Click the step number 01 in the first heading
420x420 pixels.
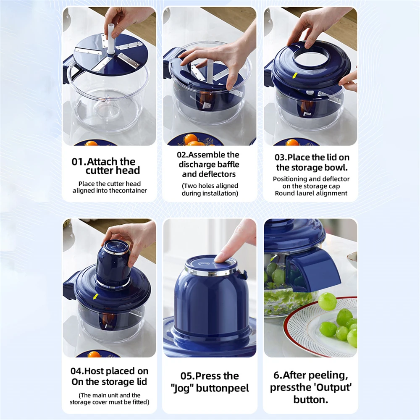point(78,162)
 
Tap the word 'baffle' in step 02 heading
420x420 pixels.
point(226,164)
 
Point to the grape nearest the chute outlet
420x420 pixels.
point(327,301)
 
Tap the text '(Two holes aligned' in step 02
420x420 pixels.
point(210,186)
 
